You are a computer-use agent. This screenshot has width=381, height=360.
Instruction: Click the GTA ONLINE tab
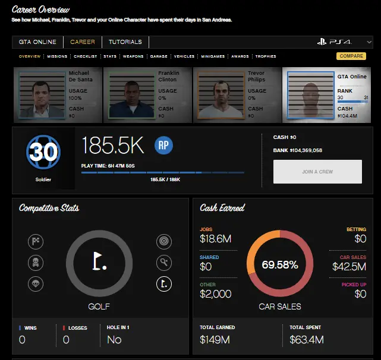tap(37, 42)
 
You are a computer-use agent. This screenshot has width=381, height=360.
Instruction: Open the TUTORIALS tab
tap(125, 42)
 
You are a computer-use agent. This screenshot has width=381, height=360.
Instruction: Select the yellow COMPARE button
tap(351, 56)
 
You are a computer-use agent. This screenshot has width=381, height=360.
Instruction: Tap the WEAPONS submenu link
tap(133, 56)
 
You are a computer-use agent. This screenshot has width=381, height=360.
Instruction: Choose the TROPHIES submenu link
tap(266, 56)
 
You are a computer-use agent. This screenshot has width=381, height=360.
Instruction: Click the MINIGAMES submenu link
tap(212, 56)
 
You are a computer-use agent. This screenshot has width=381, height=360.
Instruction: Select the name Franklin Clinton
tap(168, 76)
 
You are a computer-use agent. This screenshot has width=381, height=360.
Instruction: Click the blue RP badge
tap(163, 146)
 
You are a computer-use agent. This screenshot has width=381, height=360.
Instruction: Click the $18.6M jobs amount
tap(215, 239)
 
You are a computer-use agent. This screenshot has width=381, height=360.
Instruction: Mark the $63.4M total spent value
tap(306, 340)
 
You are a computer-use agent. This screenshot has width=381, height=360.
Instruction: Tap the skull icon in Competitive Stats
tap(36, 263)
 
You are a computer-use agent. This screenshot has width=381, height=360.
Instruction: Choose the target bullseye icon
tap(163, 241)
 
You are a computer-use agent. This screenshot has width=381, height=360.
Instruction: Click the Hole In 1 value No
tap(114, 340)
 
